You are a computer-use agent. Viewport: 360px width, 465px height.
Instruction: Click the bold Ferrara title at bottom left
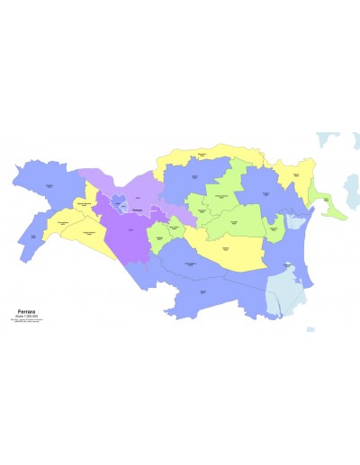pos(27,310)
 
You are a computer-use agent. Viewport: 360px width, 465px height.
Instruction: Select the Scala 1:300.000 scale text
pos(26,316)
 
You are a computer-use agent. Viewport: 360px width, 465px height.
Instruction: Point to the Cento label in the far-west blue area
pos(34,237)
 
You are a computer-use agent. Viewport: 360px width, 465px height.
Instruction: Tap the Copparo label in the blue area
pos(196,179)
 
